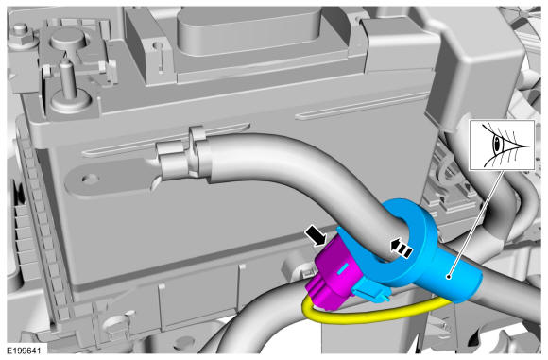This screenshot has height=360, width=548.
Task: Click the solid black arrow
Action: tap(315, 236)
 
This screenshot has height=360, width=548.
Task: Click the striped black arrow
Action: tap(402, 249)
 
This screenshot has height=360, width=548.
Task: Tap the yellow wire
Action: tap(367, 317)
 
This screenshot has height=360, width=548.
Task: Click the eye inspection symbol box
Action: tap(502, 146)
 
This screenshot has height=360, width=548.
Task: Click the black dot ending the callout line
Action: tap(449, 277)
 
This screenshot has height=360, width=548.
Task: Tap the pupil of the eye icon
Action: tap(496, 144)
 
